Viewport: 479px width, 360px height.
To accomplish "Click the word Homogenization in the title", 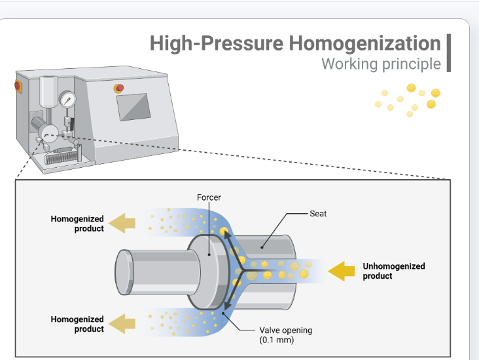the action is (364, 43).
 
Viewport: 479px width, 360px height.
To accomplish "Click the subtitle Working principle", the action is (381, 64).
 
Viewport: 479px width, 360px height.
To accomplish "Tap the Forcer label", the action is (209, 197).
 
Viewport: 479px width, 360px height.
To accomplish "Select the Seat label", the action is (318, 214).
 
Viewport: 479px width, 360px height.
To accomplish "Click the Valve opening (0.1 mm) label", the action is (285, 335).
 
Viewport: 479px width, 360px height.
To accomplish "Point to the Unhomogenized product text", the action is (394, 271).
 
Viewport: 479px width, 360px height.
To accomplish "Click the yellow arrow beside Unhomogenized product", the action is (341, 271).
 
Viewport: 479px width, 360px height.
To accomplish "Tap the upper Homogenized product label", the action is (77, 224).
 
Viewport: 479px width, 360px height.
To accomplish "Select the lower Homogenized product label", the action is (77, 324).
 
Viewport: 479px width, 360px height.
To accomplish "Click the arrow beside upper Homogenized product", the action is (122, 223).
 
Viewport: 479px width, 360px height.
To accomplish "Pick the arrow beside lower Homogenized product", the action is (122, 323).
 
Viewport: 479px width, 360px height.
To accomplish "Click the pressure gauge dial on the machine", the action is (67, 100).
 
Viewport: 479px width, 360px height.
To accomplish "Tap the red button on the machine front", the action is (119, 89).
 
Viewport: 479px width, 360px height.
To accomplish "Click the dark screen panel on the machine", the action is (133, 107).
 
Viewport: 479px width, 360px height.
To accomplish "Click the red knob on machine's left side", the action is (18, 87).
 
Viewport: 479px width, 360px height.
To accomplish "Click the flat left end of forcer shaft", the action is (124, 272).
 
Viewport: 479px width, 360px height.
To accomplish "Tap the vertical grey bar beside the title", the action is (449, 53).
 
